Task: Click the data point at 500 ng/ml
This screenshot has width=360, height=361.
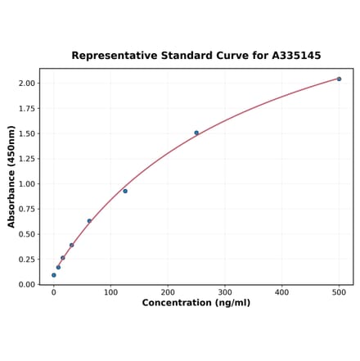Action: [339, 79]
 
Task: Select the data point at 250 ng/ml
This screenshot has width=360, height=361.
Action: [196, 133]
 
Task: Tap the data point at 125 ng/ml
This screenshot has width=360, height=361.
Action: [125, 191]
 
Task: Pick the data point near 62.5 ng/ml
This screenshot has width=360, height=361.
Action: [89, 221]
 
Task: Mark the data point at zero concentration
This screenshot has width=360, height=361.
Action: [54, 275]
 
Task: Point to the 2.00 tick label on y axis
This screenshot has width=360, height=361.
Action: [26, 83]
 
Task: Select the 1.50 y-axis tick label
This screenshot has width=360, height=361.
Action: [26, 133]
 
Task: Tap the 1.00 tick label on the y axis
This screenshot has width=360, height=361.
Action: [26, 184]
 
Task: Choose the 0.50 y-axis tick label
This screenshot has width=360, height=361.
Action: [26, 234]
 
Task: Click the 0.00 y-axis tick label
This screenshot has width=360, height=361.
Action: [26, 285]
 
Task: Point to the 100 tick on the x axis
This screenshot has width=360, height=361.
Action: [110, 292]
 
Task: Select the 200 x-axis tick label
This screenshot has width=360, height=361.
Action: [168, 292]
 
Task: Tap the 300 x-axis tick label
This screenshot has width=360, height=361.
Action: [225, 292]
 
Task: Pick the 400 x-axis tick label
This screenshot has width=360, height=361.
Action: [281, 292]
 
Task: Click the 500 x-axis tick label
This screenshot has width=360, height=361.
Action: [339, 292]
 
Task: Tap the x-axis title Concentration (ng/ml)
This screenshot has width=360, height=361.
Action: [196, 303]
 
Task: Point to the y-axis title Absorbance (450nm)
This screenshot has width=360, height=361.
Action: [11, 177]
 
